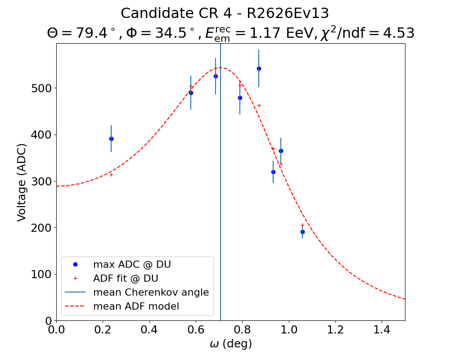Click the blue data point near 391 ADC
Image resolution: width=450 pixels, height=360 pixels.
111,139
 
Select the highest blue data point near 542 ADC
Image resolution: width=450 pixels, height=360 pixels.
259,68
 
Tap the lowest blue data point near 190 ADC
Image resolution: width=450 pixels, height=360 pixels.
302,232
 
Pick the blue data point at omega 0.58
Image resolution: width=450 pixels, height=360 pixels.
191,93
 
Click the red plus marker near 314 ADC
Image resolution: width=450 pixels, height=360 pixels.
111,175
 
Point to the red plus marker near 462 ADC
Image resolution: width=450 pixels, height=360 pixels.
259,105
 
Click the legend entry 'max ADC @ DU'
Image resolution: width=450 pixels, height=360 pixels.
132,265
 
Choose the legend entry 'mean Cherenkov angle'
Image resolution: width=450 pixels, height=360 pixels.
151,292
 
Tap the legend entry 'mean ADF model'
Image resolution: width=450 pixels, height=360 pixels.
136,306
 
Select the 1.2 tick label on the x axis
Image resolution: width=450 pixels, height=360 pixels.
335,330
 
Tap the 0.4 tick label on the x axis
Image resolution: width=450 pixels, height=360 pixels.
149,330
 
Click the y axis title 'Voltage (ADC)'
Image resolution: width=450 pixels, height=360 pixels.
22,182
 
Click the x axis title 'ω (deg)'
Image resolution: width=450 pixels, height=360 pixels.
230,344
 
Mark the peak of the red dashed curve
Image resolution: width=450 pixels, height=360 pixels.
220,68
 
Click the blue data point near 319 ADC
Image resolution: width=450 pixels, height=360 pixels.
273,172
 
